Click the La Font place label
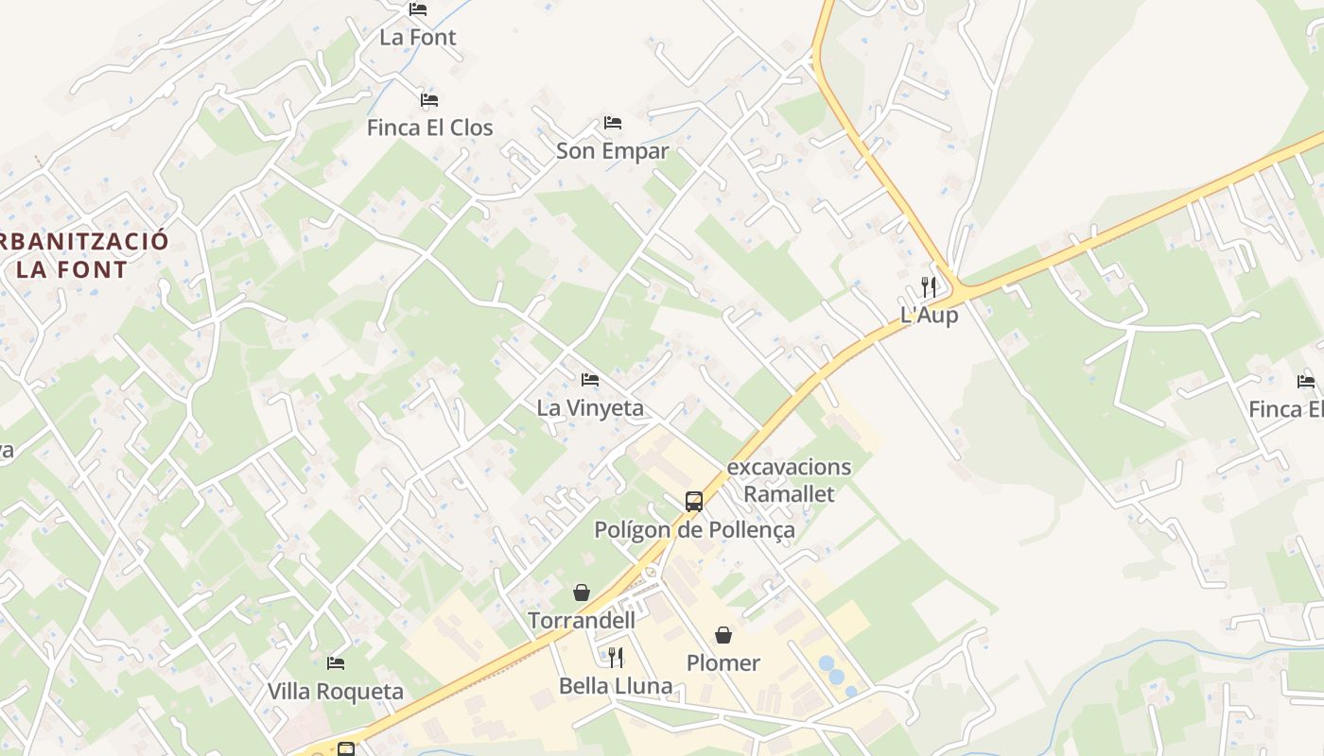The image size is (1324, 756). point(418,38)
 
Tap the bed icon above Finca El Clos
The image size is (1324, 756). point(429,100)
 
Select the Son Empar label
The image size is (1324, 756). point(612,151)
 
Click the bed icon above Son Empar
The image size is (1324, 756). point(613,123)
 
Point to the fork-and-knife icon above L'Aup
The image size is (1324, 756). point(929,286)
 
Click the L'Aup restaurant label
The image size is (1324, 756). point(929,316)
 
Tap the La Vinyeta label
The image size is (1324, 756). point(590,408)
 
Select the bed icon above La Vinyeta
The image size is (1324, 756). point(590,380)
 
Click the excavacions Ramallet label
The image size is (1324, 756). point(789,480)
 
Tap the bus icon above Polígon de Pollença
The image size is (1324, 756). point(694,502)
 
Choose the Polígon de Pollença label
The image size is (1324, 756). point(694,530)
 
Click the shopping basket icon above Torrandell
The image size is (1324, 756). point(582,593)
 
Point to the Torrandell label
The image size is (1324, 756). point(582,621)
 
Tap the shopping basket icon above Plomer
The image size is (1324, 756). point(723,634)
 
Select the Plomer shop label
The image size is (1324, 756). point(723,663)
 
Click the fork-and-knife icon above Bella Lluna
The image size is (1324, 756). point(615,657)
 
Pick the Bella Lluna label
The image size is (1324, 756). point(616,686)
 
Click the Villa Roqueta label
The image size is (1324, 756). point(336,692)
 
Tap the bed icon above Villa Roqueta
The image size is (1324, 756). point(336,663)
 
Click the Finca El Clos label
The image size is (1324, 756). point(430,128)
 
